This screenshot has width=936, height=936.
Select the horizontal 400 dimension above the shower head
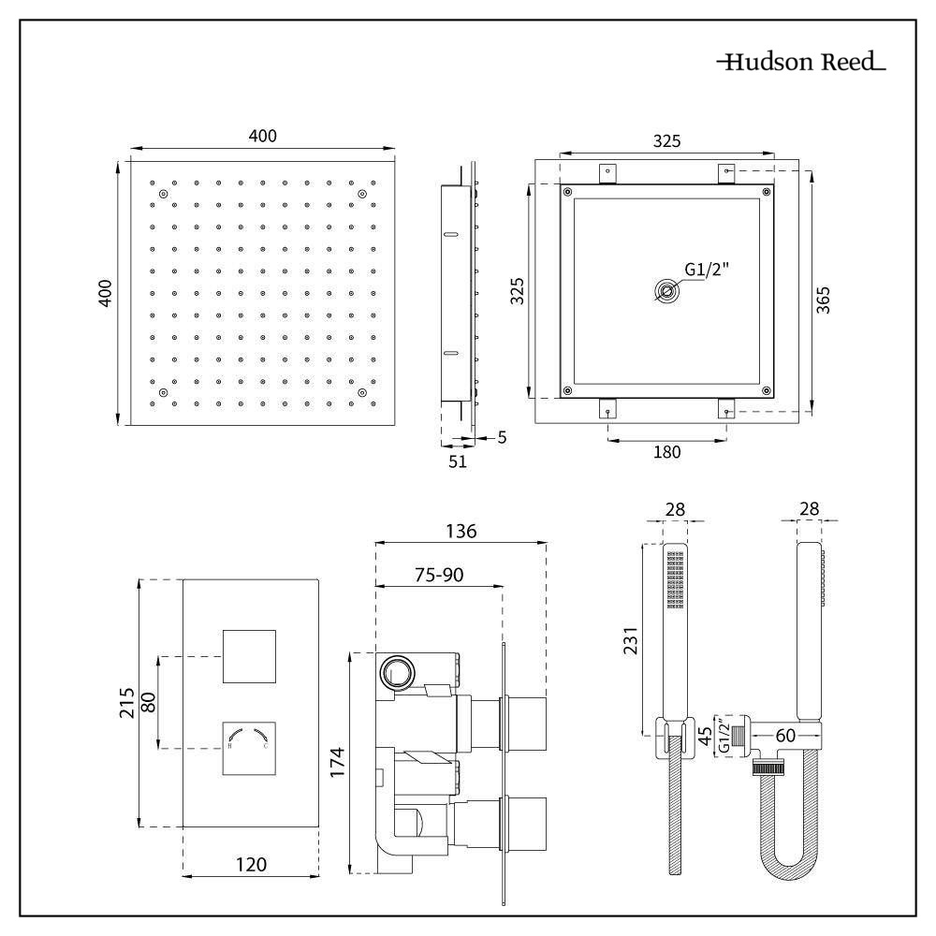[262, 136]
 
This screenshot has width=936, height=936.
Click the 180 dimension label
[666, 452]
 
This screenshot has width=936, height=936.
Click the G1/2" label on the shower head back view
[707, 270]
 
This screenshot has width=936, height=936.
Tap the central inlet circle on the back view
[666, 291]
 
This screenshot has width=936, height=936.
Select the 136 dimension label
[460, 531]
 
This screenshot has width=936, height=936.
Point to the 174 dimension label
[339, 762]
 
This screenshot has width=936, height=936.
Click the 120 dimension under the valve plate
[251, 864]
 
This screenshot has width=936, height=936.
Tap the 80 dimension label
[148, 702]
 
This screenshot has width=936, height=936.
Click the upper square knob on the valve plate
[250, 656]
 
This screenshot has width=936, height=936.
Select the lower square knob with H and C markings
[250, 748]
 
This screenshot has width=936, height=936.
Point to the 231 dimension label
[630, 640]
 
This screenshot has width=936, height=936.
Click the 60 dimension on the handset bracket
[784, 736]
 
